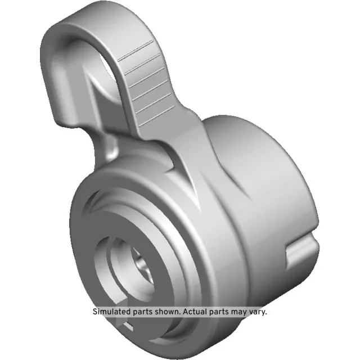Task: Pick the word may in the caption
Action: coord(245,311)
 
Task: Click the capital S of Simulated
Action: coord(95,311)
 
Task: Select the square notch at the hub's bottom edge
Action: coord(127,326)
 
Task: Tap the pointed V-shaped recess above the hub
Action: coord(194,180)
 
